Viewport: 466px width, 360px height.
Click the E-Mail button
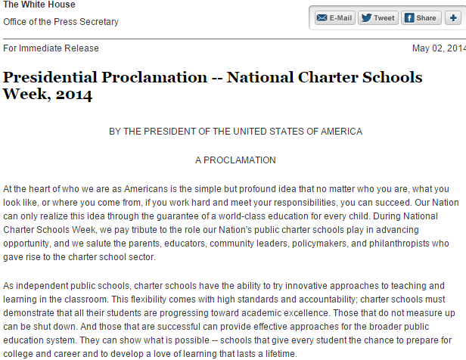[x=334, y=18]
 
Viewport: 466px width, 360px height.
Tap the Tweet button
[x=377, y=18]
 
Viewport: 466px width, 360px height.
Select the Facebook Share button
[x=420, y=18]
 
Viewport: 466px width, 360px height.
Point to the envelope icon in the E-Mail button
[x=322, y=18]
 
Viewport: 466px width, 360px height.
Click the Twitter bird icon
[x=365, y=18]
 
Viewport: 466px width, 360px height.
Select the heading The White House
[x=39, y=5]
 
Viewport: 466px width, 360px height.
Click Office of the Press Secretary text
[x=61, y=22]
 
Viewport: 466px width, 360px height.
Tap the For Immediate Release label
[x=51, y=48]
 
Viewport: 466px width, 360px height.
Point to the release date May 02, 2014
[x=439, y=48]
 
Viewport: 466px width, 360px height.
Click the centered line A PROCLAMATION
[x=235, y=160]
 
